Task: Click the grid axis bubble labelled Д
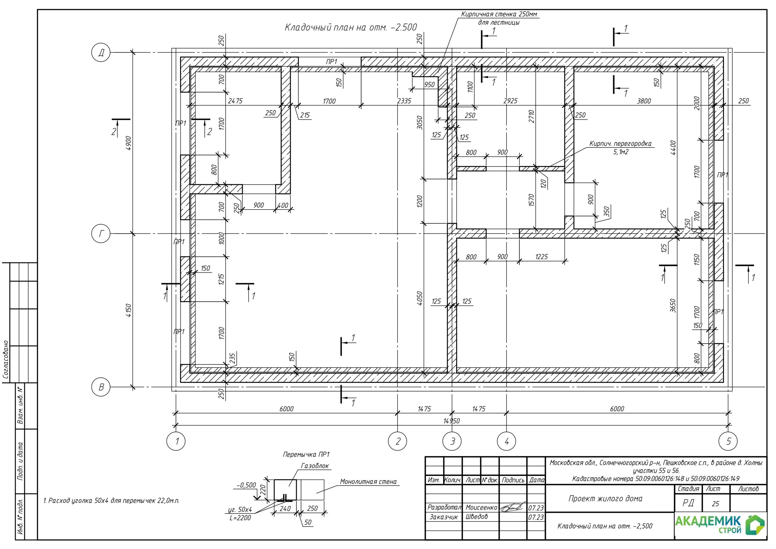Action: pyautogui.click(x=101, y=52)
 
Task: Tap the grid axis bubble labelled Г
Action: pyautogui.click(x=101, y=234)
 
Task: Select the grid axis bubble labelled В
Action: pyautogui.click(x=101, y=387)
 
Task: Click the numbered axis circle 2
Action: pyautogui.click(x=397, y=441)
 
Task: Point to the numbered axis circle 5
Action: pyautogui.click(x=728, y=441)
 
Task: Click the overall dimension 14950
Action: pyautogui.click(x=452, y=421)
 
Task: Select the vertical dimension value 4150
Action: pyautogui.click(x=129, y=311)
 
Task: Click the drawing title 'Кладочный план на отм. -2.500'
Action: pyautogui.click(x=351, y=27)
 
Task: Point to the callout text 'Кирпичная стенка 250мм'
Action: pyautogui.click(x=499, y=14)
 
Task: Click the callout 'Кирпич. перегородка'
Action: pyautogui.click(x=620, y=143)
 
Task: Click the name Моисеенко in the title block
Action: pyautogui.click(x=481, y=507)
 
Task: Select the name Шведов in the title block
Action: pyautogui.click(x=477, y=517)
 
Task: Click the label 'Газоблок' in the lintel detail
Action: pyautogui.click(x=315, y=466)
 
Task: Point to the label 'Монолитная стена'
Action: pyautogui.click(x=368, y=482)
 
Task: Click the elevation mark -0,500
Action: pyautogui.click(x=246, y=485)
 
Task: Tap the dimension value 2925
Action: pyautogui.click(x=510, y=101)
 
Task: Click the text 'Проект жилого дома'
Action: pyautogui.click(x=605, y=498)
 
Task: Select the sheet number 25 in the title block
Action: pyautogui.click(x=715, y=504)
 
